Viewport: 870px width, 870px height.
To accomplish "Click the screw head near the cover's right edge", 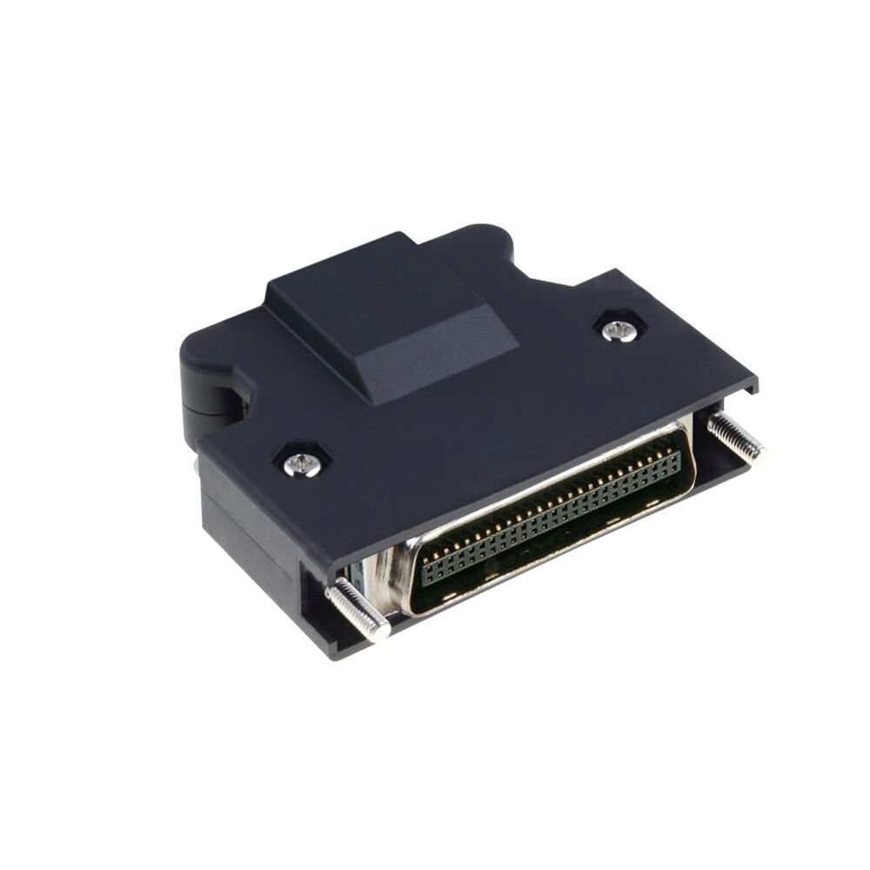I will (619, 330).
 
